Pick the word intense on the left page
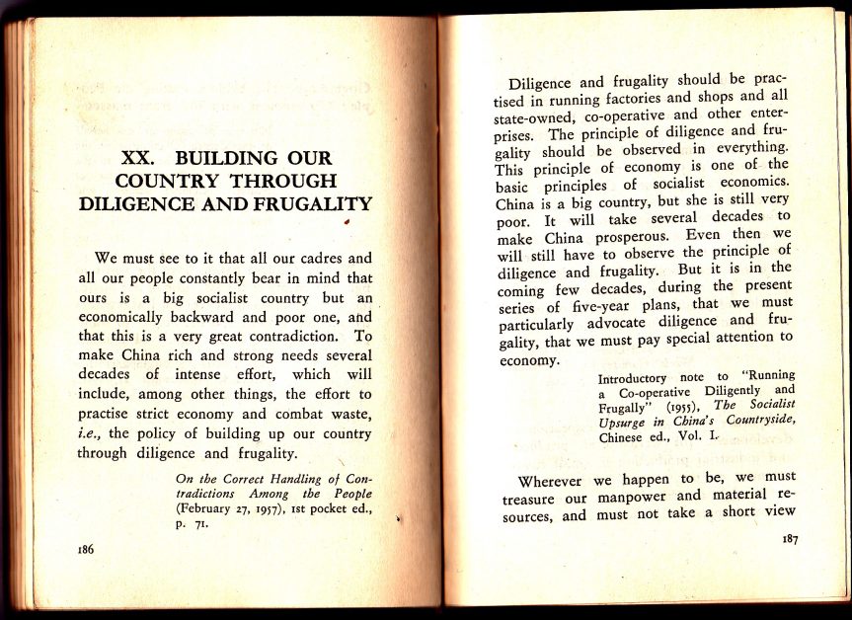(201, 375)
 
